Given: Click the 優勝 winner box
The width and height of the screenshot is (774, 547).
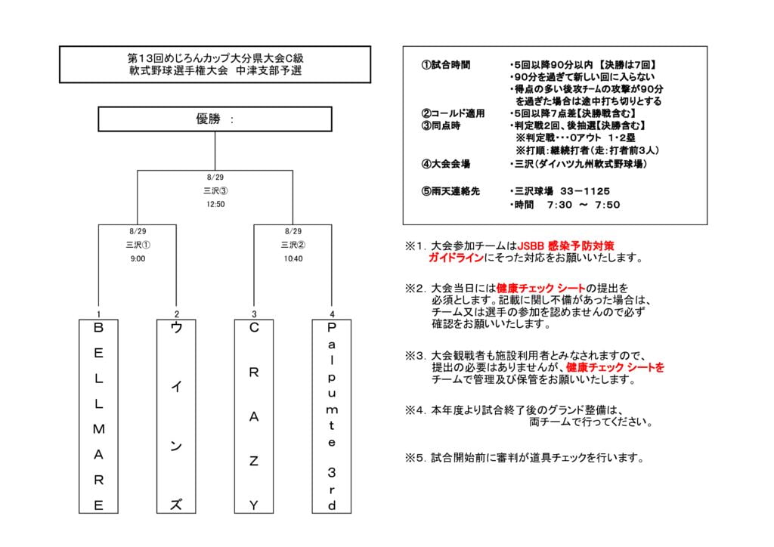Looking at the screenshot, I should (215, 119).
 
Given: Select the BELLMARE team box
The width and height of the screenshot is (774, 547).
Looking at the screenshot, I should (99, 416).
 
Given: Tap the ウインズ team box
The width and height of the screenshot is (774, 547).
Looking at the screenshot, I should (176, 416).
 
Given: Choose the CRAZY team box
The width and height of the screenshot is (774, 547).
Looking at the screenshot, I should (254, 416).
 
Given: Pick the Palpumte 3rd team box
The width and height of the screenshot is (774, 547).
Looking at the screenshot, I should (332, 416).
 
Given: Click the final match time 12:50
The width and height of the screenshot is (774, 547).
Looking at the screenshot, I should (215, 204).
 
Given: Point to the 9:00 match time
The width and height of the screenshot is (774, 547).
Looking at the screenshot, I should (138, 258).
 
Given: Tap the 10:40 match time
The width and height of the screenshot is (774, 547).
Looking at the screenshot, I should (293, 258).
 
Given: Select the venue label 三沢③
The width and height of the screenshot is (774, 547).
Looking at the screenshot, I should (215, 190).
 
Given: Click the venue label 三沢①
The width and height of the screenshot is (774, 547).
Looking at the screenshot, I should (138, 245).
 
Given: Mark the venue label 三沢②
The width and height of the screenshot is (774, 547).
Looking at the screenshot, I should (293, 245).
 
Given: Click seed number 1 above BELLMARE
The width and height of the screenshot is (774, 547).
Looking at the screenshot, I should (99, 314).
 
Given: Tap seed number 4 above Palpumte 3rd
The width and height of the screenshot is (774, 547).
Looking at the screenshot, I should (332, 314).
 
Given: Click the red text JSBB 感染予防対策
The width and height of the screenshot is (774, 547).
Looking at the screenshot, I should (565, 246).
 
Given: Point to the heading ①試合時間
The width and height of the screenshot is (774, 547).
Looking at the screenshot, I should (445, 65).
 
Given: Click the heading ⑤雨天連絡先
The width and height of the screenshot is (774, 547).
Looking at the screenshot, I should (450, 191).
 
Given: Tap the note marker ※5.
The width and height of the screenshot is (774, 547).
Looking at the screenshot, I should (415, 458).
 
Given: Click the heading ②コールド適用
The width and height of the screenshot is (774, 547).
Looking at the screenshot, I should (452, 113).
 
